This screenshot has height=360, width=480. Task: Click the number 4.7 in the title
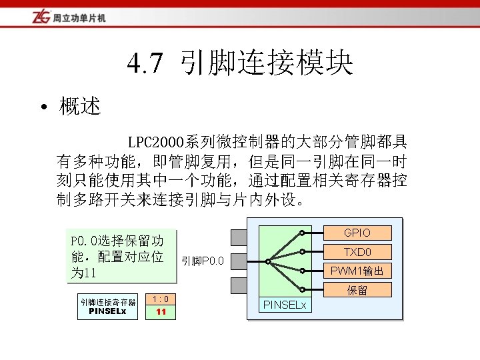tap(145, 65)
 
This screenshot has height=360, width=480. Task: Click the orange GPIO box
tap(357, 233)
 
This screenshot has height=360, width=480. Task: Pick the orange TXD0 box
tap(357, 251)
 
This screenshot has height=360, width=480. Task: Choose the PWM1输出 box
tap(357, 271)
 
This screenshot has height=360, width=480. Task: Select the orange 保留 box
tap(357, 290)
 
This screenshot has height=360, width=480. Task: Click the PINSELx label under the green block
tap(285, 305)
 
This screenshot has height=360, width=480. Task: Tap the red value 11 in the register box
tap(161, 312)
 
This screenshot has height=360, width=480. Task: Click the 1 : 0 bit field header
tap(161, 299)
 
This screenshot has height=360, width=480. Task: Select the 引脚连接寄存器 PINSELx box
tap(107, 306)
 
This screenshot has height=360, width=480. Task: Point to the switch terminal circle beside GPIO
tap(302, 233)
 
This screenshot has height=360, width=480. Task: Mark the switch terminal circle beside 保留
tap(302, 289)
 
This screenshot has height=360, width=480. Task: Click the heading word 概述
tap(80, 107)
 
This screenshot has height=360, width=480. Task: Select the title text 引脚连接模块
tap(266, 65)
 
